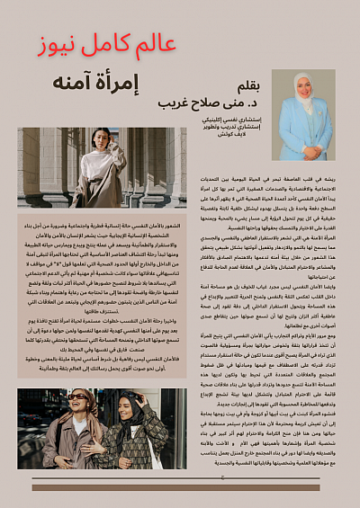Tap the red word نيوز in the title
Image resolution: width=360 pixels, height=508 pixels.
pyautogui.click(x=49, y=46)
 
